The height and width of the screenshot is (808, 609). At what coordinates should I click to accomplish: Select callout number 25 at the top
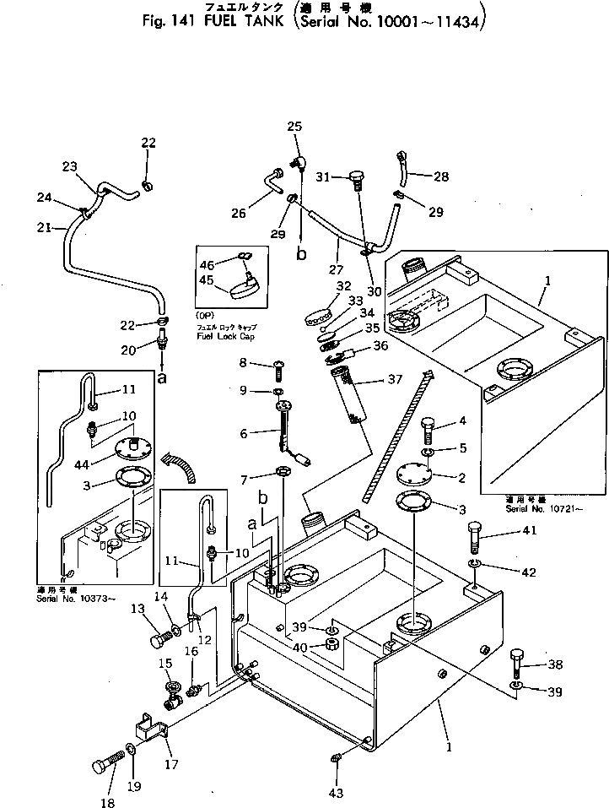[x=294, y=127]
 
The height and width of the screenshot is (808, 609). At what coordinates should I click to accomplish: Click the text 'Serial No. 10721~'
[x=537, y=510]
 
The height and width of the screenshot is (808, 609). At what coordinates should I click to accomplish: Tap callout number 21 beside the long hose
[x=46, y=226]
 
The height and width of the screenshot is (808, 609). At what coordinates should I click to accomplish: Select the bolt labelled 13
[x=161, y=639]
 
